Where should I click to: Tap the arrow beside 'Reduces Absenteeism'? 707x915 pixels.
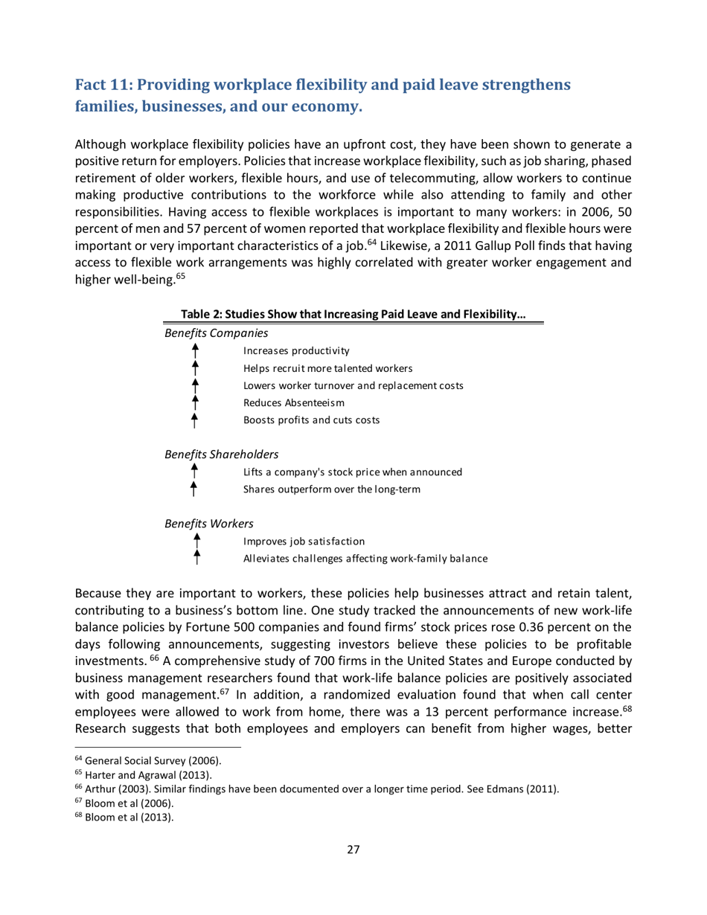pos(194,402)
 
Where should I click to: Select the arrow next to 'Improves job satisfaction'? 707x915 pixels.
pos(196,541)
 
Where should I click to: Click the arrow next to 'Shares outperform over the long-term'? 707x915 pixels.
pos(194,489)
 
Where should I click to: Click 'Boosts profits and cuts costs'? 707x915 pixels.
pos(311,420)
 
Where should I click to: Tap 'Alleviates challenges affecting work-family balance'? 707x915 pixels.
pos(365,558)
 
